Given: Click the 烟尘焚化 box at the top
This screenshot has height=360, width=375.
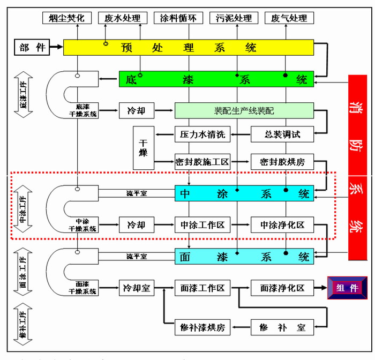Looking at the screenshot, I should pyautogui.click(x=66, y=18).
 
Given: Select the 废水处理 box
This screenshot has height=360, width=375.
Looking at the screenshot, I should pyautogui.click(x=122, y=18).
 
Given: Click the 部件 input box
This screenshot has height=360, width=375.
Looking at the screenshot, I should pyautogui.click(x=32, y=47).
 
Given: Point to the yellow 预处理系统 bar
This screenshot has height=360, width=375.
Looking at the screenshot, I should pyautogui.click(x=189, y=47).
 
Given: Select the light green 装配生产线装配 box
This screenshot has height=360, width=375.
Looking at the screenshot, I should pyautogui.click(x=244, y=111).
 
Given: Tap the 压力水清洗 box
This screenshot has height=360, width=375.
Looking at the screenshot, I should pyautogui.click(x=202, y=134).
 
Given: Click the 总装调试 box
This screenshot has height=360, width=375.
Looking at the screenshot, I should pyautogui.click(x=282, y=134).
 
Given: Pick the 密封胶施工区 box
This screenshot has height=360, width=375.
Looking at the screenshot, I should pyautogui.click(x=202, y=162).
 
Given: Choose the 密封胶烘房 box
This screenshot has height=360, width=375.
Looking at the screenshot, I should pyautogui.click(x=282, y=162).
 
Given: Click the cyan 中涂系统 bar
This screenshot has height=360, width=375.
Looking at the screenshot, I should pyautogui.click(x=244, y=193).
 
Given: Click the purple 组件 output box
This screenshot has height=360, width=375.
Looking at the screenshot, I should pyautogui.click(x=347, y=288).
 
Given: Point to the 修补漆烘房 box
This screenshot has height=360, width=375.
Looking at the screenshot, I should pyautogui.click(x=202, y=326).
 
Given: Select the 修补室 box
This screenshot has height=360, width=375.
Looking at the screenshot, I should pyautogui.click(x=282, y=326).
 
